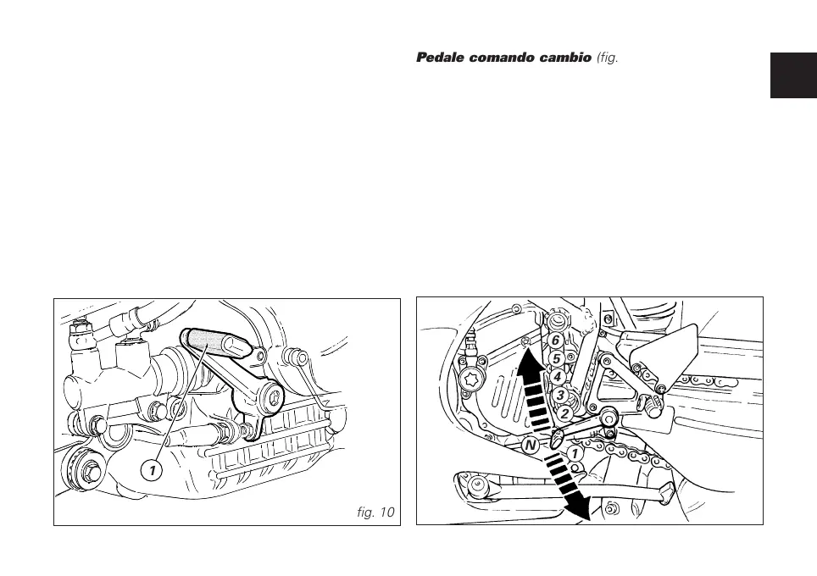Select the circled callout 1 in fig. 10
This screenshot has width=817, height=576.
point(151,468)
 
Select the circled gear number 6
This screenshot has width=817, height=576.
point(555,341)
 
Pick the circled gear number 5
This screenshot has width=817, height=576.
point(557,358)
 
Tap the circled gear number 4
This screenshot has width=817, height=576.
point(559,376)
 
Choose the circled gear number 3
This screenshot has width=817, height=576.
point(560,395)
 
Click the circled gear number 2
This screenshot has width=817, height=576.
point(564,414)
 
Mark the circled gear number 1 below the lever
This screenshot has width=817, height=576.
point(574,453)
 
